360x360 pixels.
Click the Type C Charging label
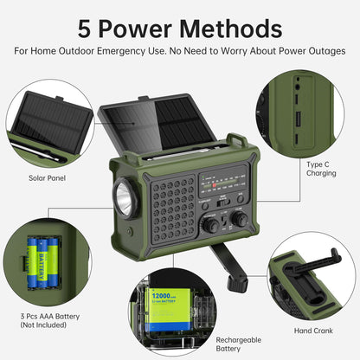click(321, 167)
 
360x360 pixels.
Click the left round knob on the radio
click(210, 224)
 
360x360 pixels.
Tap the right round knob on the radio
click(238, 220)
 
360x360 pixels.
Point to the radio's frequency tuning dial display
click(222, 184)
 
